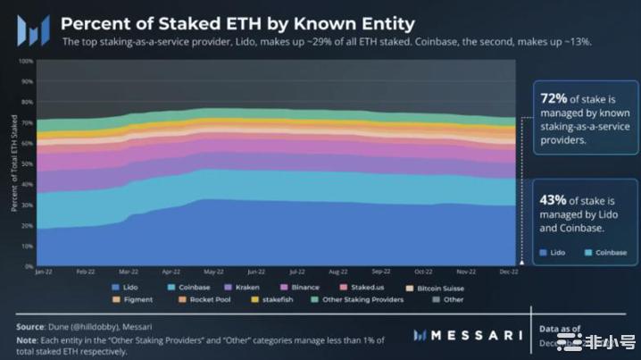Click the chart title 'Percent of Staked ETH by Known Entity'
coord(237,22)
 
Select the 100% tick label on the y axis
coord(26,62)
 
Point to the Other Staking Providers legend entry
coord(359,299)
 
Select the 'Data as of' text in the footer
coord(562,329)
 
